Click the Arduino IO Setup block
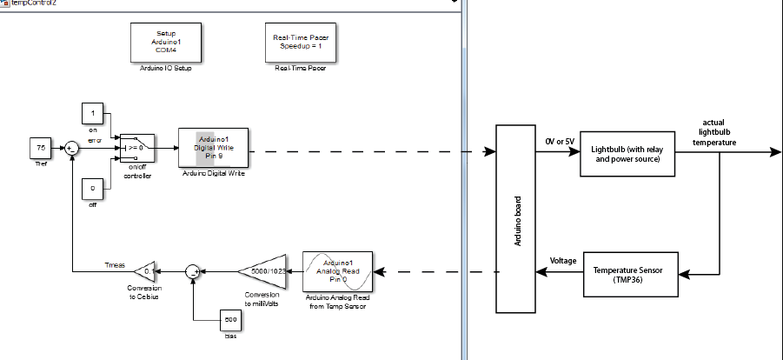(167, 42)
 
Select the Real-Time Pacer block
(300, 42)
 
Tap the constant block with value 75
(41, 149)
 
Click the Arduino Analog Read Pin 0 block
(337, 271)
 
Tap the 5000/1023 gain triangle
(264, 271)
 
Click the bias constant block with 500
(230, 320)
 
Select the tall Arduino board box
(516, 217)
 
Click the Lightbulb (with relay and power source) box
(627, 153)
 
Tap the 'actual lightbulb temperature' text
(713, 132)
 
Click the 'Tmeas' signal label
(114, 264)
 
